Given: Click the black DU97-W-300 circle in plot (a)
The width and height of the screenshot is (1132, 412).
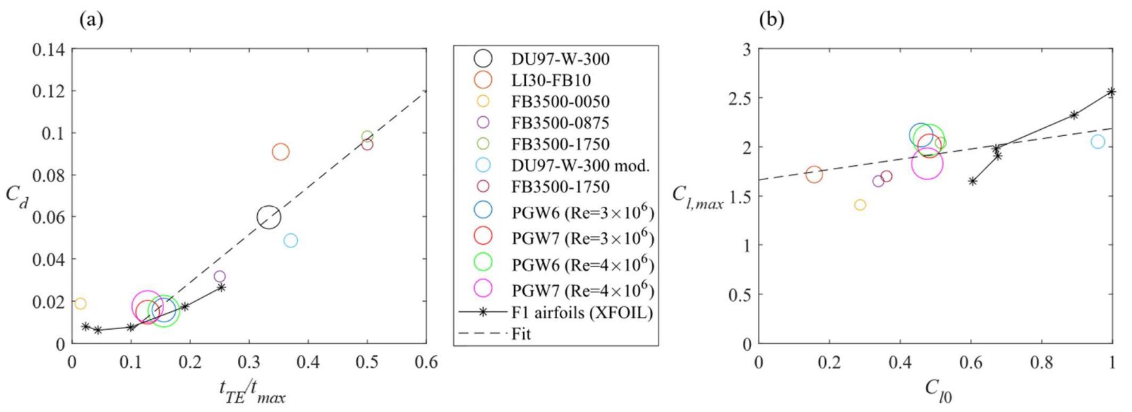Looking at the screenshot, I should [269, 217].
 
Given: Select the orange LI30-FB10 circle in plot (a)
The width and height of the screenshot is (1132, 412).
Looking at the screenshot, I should [280, 152].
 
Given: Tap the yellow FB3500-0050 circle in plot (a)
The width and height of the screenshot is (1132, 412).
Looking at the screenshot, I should [80, 304].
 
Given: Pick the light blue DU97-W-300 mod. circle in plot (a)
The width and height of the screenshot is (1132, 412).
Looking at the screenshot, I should [290, 241].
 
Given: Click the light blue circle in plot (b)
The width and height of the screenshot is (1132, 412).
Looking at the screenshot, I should [1097, 141].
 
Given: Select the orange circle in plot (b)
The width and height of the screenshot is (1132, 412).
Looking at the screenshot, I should [814, 175].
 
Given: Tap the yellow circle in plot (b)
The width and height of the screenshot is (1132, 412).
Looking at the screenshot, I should [860, 205].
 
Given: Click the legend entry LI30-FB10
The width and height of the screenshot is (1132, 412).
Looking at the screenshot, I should [550, 80].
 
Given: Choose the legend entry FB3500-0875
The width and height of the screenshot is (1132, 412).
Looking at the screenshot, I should [560, 123].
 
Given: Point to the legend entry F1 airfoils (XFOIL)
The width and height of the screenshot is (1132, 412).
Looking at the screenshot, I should [582, 313].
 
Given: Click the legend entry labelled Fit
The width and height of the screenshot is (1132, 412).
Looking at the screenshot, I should [521, 334].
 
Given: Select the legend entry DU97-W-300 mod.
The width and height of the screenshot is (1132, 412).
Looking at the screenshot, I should [580, 165].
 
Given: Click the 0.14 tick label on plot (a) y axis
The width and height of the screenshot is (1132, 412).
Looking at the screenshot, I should [48, 50].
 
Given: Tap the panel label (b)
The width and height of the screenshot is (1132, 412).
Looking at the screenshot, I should [771, 20].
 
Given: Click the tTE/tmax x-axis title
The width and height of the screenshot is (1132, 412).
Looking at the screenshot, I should [252, 392].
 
